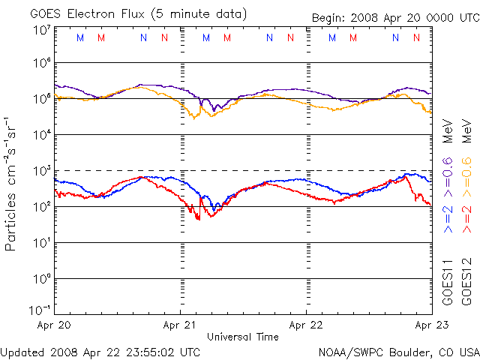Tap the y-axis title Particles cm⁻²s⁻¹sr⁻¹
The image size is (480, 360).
click(x=13, y=183)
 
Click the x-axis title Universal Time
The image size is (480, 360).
click(x=242, y=337)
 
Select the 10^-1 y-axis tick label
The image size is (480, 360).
click(x=40, y=310)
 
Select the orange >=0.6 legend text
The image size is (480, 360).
click(x=466, y=173)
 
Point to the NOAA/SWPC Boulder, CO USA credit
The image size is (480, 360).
click(x=397, y=352)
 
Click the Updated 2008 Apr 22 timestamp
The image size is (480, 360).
click(x=100, y=352)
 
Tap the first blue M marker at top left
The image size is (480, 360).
click(x=80, y=37)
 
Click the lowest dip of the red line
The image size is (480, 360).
click(x=199, y=219)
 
